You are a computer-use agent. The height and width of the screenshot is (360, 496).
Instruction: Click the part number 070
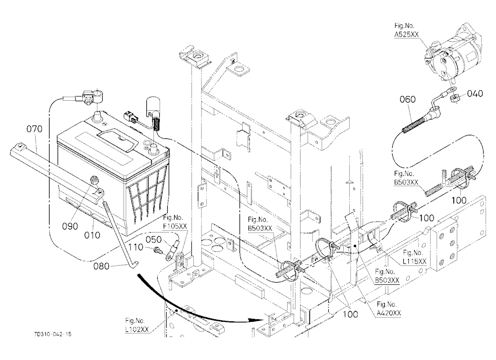coord(34,129)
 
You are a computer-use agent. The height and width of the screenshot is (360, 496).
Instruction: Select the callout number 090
coord(70,226)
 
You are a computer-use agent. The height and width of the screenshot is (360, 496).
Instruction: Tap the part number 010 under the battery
coord(92,235)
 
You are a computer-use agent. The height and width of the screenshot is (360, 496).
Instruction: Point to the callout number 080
coord(101,266)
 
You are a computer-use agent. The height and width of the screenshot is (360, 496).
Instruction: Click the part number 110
coord(136,247)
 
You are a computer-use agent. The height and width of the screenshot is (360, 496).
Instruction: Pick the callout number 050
coord(154,240)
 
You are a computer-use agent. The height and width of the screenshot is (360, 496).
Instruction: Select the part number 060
coord(408,99)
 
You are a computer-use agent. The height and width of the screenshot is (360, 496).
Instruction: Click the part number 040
coord(475,93)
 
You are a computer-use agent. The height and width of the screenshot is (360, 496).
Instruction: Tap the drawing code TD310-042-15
coord(53,334)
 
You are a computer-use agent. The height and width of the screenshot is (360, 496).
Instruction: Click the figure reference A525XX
coord(407,35)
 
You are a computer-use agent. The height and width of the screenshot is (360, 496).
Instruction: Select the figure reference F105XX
coord(175,226)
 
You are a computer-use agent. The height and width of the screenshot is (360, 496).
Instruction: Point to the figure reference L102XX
coord(137,329)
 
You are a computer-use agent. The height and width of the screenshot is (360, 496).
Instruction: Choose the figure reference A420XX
coord(389,313)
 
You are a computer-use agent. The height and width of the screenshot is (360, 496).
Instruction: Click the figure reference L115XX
coord(415,261)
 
